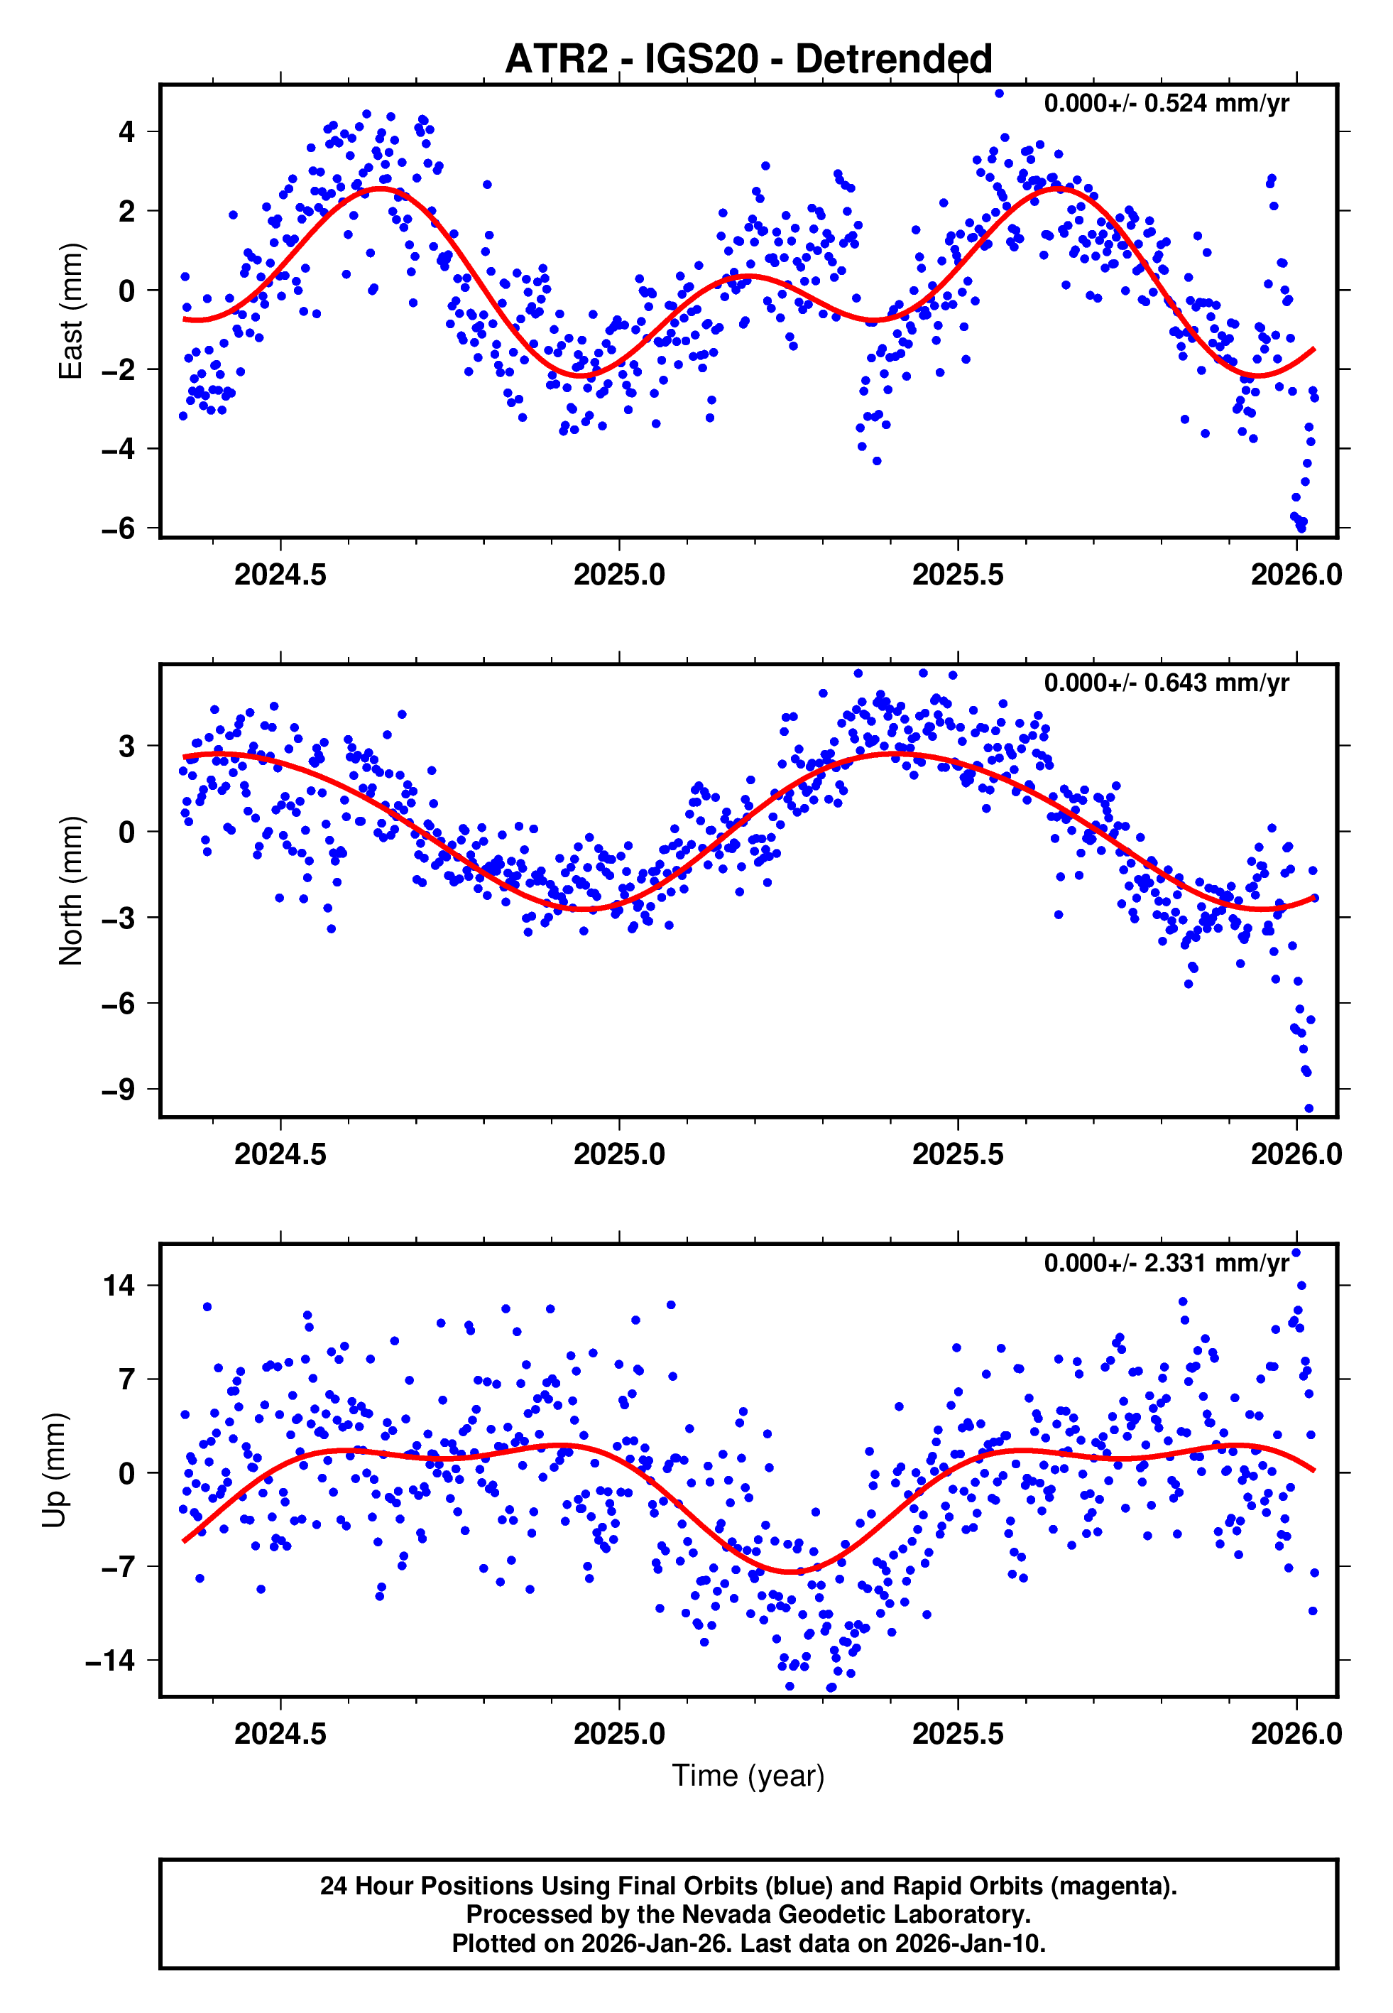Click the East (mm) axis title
[x=70, y=311]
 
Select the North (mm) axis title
[x=70, y=891]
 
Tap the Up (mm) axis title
[x=54, y=1470]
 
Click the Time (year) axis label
[x=748, y=1776]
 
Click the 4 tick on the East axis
[x=127, y=132]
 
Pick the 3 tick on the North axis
[x=127, y=747]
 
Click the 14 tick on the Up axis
[x=119, y=1285]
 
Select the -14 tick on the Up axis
[x=110, y=1660]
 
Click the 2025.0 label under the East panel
[x=619, y=575]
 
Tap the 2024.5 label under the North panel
[x=280, y=1154]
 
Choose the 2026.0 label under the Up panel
[x=1296, y=1734]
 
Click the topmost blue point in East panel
[x=1000, y=93]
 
